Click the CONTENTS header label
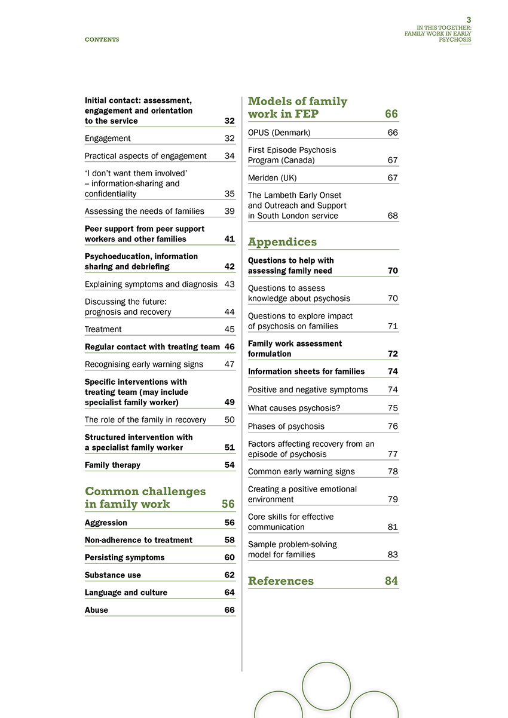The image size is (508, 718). pos(102,39)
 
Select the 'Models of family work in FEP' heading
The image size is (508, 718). pos(297,108)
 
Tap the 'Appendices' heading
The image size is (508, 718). pos(282,242)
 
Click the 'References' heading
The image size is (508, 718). pos(280,581)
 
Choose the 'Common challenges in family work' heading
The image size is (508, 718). pos(145,497)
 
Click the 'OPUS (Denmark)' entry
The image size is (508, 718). pos(279,133)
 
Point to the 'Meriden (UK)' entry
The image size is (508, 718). pos(272,178)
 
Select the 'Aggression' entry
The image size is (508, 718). pos(106,523)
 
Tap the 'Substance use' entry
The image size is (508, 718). pos(113,575)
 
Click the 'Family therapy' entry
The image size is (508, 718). pos(112,465)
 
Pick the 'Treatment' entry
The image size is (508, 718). pos(103,329)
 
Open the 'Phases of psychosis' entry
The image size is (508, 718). pos(286,426)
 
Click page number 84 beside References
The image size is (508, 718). pos(391,581)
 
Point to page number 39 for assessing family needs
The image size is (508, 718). pos(229,211)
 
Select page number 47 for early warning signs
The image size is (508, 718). pos(229,364)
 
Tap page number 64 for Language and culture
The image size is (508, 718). pos(229,593)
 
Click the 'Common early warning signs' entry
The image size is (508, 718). pos(301,471)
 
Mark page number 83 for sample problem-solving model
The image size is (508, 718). pos(393,554)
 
